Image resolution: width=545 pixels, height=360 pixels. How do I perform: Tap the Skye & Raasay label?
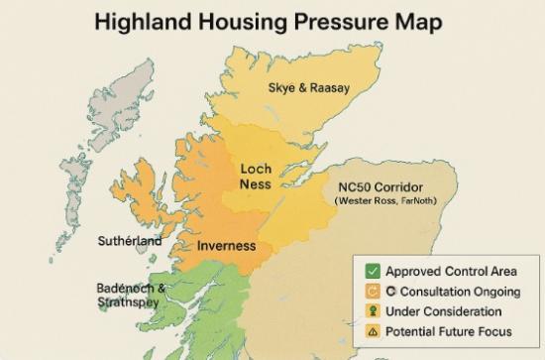coord(308,88)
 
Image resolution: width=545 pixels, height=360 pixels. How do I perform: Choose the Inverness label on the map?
coord(226,245)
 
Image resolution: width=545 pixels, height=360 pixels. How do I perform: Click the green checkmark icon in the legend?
coord(373,271)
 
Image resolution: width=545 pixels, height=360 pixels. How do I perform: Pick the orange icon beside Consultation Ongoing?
coord(373,291)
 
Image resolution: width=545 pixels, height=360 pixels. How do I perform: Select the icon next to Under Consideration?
coord(373,311)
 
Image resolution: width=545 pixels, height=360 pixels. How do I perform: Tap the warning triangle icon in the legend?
coord(373,331)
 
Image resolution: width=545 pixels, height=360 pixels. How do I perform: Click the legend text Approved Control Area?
coord(451,271)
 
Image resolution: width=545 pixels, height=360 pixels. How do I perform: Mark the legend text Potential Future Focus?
coord(449,331)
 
